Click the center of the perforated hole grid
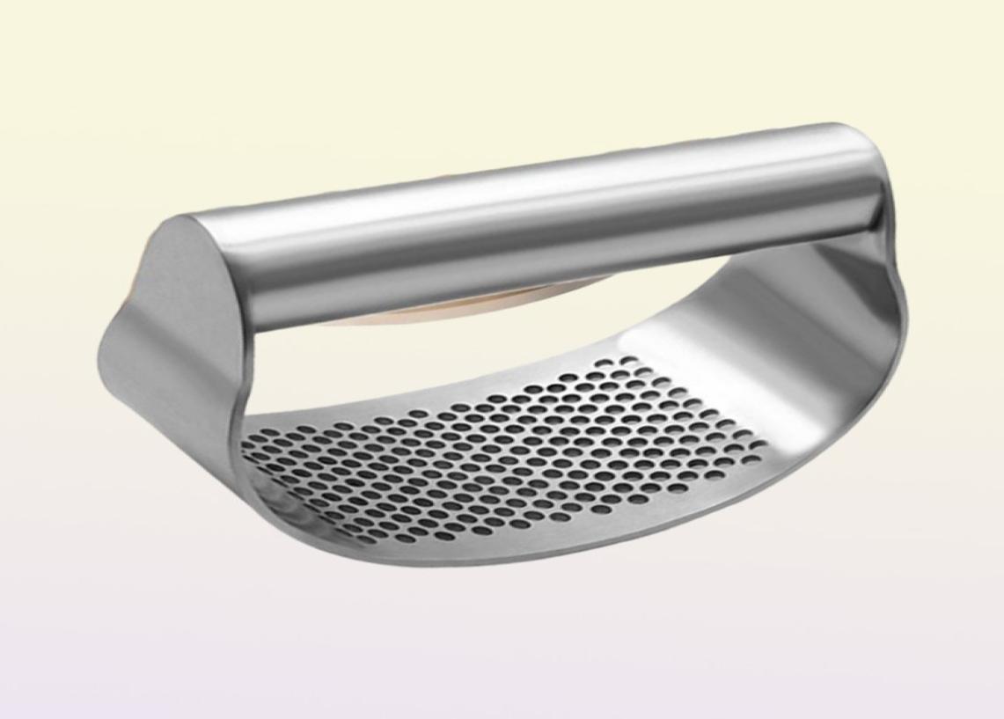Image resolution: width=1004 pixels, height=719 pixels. (510, 449)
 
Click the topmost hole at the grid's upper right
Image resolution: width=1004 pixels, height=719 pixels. (629, 360)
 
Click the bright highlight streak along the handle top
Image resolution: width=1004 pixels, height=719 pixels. (528, 180)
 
